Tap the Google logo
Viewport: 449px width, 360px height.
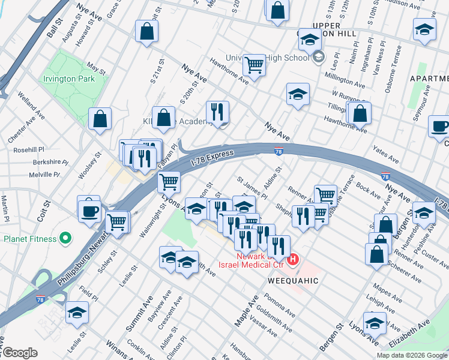click(x=19, y=353)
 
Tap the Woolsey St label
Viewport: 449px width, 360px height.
click(x=88, y=167)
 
